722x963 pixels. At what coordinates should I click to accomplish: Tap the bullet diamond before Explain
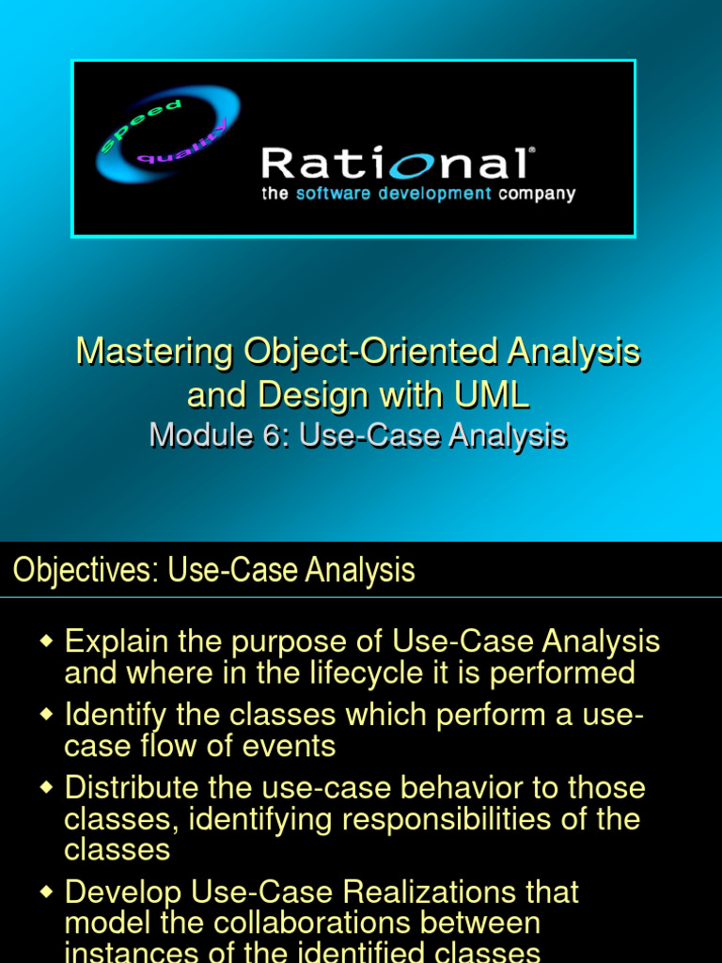tap(46, 641)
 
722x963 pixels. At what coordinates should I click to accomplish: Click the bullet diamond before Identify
tap(46, 715)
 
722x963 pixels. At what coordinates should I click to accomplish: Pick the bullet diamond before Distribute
tap(46, 787)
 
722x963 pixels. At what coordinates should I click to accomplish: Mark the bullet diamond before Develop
tap(46, 892)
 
